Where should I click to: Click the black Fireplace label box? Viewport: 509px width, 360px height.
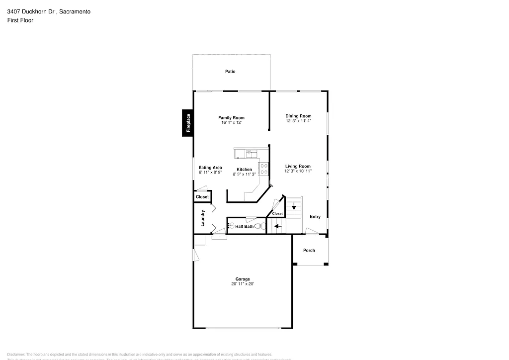188,123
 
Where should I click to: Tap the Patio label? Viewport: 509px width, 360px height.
230,72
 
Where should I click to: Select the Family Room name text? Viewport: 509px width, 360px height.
231,118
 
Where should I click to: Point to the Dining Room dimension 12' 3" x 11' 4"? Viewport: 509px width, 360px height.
298,121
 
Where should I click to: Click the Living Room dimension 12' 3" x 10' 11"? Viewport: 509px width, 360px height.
298,171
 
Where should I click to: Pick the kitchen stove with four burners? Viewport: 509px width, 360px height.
264,169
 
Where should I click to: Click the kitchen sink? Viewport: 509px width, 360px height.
249,153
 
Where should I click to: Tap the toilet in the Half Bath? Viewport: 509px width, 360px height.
258,226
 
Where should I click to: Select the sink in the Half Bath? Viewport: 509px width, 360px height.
231,226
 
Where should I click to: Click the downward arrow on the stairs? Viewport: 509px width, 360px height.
294,206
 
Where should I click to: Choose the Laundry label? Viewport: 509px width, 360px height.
203,218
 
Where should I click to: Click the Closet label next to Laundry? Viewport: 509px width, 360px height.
202,197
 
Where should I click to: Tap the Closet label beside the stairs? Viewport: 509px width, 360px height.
277,214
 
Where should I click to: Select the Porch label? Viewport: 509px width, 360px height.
309,251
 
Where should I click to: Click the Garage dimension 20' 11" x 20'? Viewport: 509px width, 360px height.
243,284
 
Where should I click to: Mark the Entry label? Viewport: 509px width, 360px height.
315,217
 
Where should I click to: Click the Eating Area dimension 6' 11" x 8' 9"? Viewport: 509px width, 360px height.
210,173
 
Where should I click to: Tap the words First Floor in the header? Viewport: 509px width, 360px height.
20,20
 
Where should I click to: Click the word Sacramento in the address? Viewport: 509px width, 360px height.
75,11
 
